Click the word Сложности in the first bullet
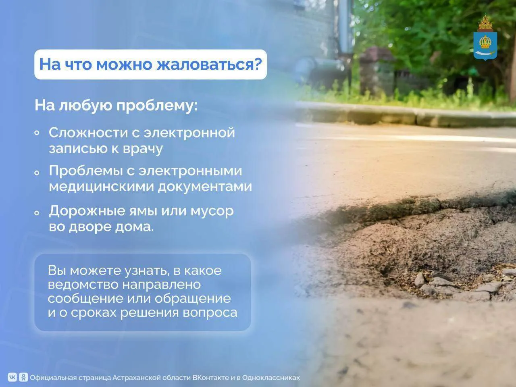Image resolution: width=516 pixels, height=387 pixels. click(x=88, y=133)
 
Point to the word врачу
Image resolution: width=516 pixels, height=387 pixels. click(x=143, y=149)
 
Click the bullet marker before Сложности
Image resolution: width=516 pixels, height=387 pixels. click(x=37, y=133)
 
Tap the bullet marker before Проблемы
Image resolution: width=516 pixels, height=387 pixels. click(x=37, y=173)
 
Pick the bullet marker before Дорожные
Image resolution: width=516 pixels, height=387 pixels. click(x=37, y=213)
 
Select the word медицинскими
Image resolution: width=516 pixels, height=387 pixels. click(x=101, y=187)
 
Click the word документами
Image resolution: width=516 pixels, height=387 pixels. click(x=205, y=187)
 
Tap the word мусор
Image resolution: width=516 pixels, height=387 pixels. click(x=212, y=211)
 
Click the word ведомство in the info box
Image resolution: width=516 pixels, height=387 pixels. click(x=83, y=285)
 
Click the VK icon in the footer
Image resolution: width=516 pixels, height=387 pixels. click(x=12, y=377)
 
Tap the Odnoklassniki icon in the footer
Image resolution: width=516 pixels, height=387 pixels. click(x=23, y=377)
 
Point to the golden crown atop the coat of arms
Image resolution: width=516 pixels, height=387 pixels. click(x=485, y=23)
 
